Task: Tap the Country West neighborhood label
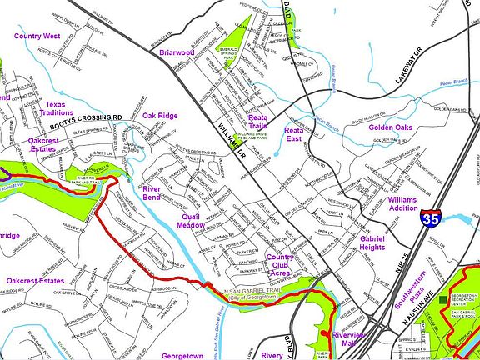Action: pos(37,37)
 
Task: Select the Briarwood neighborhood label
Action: pos(176,52)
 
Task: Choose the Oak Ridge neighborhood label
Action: pos(160,116)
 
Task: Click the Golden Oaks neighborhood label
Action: pos(391,127)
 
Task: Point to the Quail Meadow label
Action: pos(193,219)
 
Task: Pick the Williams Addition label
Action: pos(402,204)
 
